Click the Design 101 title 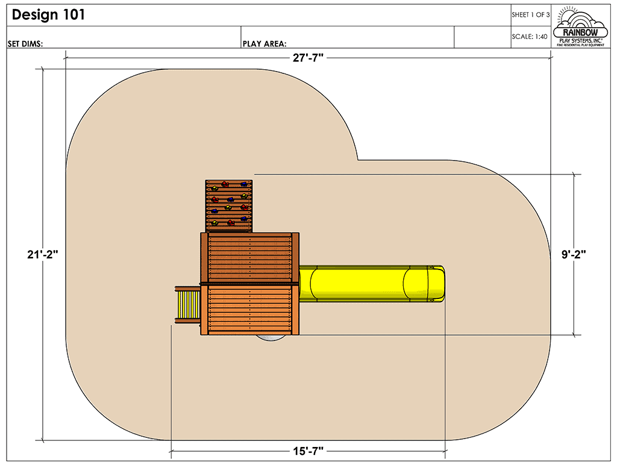point(48,15)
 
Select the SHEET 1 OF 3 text point(530,15)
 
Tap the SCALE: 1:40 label point(530,37)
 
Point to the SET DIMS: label point(25,43)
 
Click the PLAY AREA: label point(264,43)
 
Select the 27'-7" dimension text point(308,57)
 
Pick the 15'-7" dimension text point(308,451)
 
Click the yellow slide point(362,284)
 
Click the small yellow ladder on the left point(187,306)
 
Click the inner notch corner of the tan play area point(358,160)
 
